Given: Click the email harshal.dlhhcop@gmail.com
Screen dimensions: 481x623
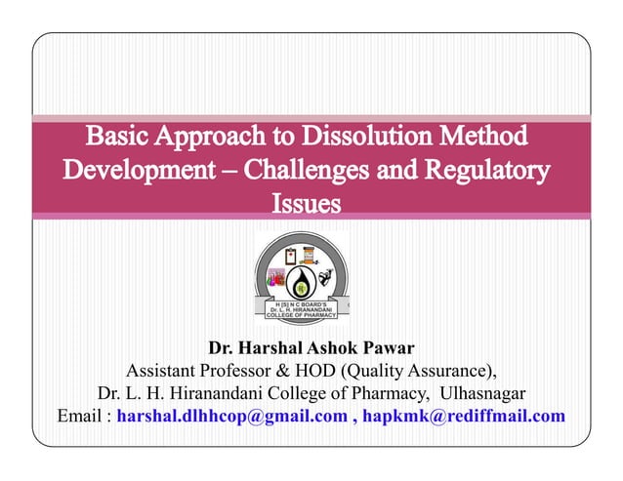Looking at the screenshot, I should pos(231,417).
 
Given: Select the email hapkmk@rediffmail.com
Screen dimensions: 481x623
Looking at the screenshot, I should pos(464,417).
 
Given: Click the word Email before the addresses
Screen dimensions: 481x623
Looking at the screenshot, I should pos(80,417).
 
